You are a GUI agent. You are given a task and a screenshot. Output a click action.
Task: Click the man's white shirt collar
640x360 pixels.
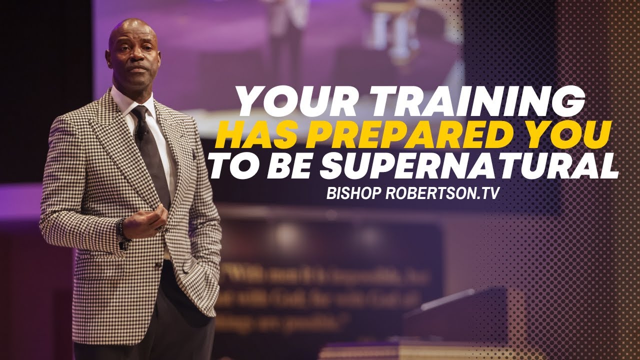pyautogui.click(x=125, y=102)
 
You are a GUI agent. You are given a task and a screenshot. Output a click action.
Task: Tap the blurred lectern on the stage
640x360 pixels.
pyautogui.click(x=450, y=320)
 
